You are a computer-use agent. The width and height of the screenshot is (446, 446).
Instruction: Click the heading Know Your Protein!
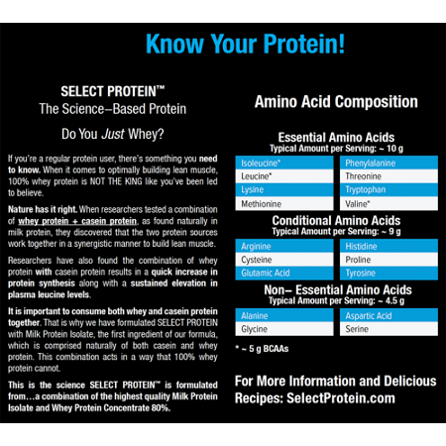[245, 44]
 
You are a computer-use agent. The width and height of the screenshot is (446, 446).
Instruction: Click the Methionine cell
[285, 202]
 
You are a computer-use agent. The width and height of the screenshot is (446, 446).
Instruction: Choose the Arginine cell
[285, 244]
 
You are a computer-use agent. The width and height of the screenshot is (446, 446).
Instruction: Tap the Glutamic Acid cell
[285, 273]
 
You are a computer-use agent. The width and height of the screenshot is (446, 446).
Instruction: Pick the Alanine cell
[285, 314]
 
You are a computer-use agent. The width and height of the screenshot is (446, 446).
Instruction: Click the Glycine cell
[285, 328]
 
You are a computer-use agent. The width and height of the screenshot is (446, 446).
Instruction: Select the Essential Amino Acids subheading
[336, 137]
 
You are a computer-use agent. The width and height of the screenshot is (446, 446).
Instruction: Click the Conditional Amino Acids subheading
[336, 220]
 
